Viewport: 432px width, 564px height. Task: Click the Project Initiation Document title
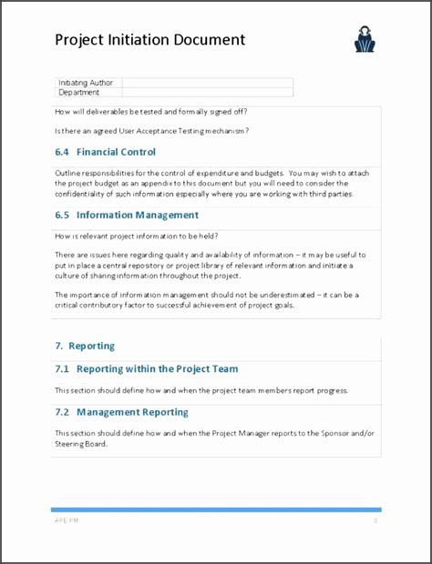pyautogui.click(x=149, y=40)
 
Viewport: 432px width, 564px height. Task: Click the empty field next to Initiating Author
pyautogui.click(x=207, y=82)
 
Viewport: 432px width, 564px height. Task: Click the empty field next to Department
pyautogui.click(x=207, y=92)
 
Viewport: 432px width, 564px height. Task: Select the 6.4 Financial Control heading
pyautogui.click(x=105, y=152)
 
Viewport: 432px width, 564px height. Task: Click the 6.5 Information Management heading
pyautogui.click(x=126, y=216)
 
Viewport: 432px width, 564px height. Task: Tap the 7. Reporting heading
pyautogui.click(x=85, y=347)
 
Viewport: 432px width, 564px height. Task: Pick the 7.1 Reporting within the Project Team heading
pyautogui.click(x=146, y=368)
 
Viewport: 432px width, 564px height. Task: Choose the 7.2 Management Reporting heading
pyautogui.click(x=121, y=412)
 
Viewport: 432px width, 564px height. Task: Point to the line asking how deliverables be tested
pyautogui.click(x=151, y=112)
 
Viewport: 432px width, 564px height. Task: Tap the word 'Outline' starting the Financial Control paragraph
pyautogui.click(x=69, y=173)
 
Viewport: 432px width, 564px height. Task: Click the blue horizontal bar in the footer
pyautogui.click(x=215, y=510)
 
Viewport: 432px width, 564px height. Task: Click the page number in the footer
pyautogui.click(x=375, y=521)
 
